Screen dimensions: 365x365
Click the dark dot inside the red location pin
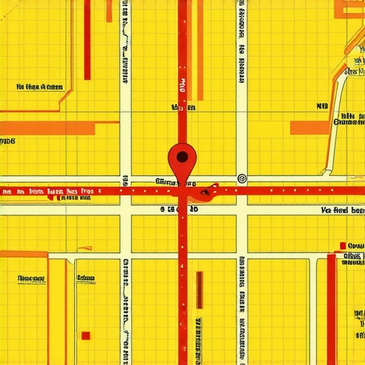(182, 155)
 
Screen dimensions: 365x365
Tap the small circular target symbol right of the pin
(241, 178)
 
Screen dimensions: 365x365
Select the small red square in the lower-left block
(86, 336)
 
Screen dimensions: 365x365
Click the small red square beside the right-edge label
(344, 246)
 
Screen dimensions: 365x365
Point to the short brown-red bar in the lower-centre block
(199, 291)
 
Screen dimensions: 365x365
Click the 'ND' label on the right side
(322, 106)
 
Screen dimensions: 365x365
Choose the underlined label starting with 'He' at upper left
(38, 87)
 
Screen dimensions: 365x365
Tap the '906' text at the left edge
(7, 141)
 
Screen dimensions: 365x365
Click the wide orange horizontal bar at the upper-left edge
(47, 128)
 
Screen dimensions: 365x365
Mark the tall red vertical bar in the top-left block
(87, 40)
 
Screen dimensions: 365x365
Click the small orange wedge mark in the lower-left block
(83, 248)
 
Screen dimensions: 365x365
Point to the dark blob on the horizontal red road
(209, 190)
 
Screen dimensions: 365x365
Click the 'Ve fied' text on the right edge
(343, 211)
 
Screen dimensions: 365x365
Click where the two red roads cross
(182, 191)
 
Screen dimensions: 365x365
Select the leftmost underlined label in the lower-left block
(31, 278)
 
